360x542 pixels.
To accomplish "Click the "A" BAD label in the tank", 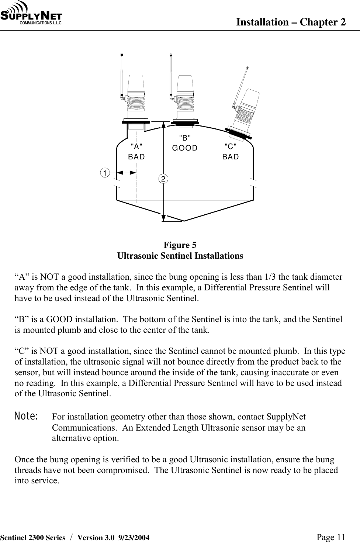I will tap(136, 152).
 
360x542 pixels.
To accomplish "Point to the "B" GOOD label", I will tap(185, 143).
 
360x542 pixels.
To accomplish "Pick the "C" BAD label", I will tap(231, 152).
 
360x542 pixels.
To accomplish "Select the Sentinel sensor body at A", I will tap(136, 98).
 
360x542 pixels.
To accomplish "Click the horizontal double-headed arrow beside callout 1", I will tap(126, 172).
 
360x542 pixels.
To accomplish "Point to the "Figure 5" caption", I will tap(180, 245).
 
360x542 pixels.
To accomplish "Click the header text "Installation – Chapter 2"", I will tap(291, 22).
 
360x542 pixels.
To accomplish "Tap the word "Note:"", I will tap(26, 417).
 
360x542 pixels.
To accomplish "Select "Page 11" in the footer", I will tap(331, 537).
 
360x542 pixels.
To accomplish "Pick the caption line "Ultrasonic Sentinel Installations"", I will tap(180, 256).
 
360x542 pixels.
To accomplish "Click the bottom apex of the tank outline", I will tap(184, 221).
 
